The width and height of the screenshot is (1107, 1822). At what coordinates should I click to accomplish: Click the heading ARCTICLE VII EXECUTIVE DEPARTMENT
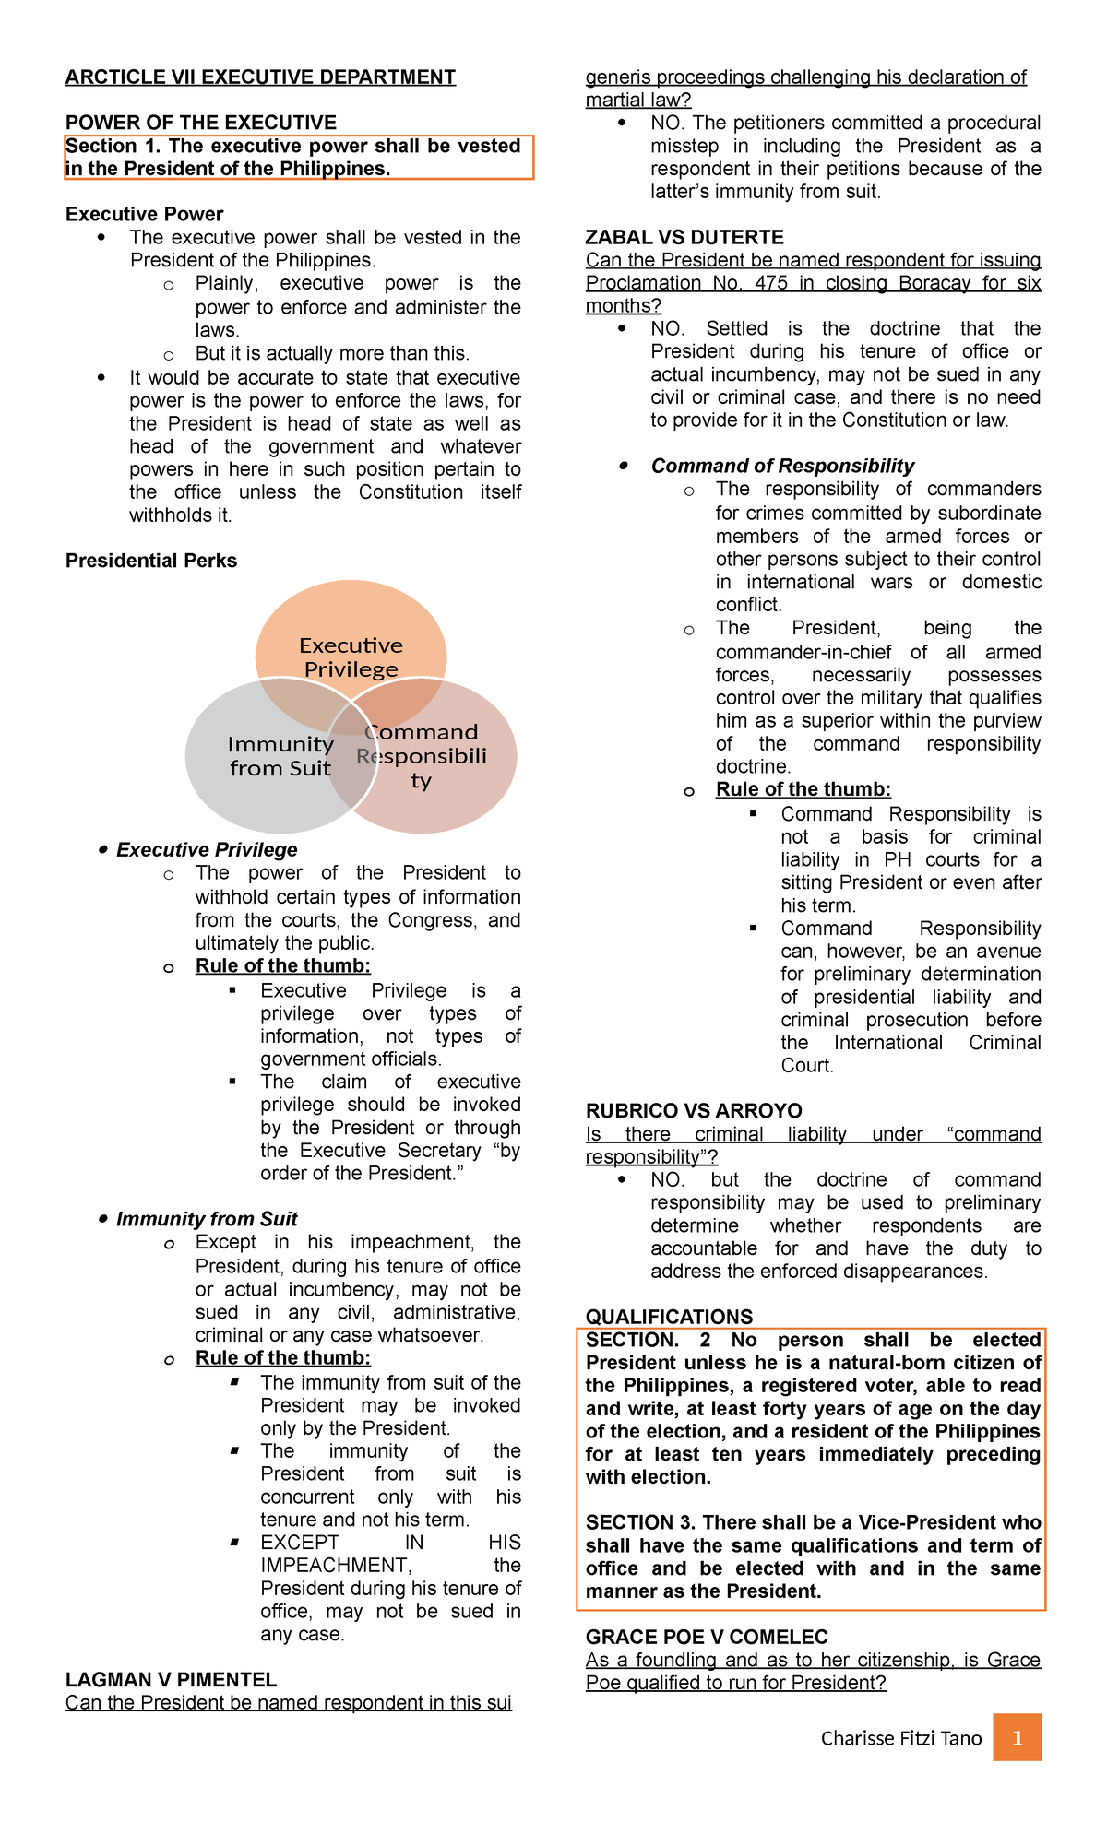[260, 77]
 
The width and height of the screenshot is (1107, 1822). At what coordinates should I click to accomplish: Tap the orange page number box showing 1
[1018, 1737]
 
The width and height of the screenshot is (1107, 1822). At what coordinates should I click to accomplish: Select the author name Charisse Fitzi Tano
[901, 1738]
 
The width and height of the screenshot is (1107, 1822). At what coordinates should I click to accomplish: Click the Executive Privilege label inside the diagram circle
[351, 657]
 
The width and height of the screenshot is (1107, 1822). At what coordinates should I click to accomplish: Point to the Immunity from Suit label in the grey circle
[280, 756]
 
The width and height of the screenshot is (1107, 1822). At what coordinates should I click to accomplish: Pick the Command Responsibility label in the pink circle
[422, 756]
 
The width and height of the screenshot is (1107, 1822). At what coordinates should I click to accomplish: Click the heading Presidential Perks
[151, 561]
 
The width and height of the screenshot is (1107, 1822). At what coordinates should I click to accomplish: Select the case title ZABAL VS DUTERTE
[684, 237]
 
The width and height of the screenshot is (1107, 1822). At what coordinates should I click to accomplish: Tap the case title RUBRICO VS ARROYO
[694, 1110]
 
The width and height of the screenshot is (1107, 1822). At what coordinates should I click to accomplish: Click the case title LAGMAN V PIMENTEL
[171, 1679]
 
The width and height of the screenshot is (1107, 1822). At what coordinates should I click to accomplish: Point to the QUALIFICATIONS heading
[669, 1317]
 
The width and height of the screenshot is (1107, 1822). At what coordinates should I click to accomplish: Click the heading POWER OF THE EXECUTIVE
[201, 123]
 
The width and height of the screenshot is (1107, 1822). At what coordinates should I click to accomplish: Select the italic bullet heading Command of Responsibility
[782, 466]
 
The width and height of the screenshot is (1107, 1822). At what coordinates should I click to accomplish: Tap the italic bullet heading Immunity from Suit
[207, 1219]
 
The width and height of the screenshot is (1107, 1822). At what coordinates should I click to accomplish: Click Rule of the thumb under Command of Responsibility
[803, 789]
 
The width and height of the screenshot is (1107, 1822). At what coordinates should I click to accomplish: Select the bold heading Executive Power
[144, 214]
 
